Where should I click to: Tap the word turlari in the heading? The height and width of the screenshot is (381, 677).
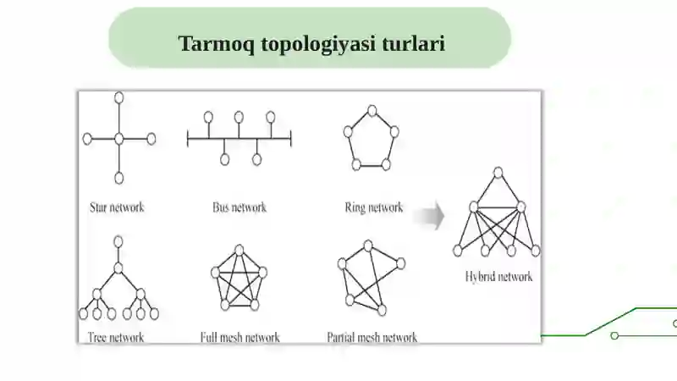(x=413, y=43)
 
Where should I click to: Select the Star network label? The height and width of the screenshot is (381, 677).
(x=117, y=207)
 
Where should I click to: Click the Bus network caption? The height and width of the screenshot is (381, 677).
(x=239, y=207)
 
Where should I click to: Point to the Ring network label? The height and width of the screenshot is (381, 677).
(x=374, y=207)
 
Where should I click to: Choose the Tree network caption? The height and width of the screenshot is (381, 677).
(x=116, y=337)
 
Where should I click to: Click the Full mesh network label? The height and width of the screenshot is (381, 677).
(x=240, y=337)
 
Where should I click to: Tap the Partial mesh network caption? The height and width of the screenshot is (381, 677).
(x=372, y=337)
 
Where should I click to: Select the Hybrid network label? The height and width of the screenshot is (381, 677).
(x=498, y=277)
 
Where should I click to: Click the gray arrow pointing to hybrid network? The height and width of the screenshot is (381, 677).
(x=429, y=216)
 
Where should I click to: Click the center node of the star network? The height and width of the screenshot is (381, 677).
(x=119, y=139)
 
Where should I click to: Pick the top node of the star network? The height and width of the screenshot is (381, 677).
(x=119, y=97)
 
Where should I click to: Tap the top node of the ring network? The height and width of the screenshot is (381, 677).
(x=372, y=111)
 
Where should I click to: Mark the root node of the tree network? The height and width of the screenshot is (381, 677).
(x=118, y=241)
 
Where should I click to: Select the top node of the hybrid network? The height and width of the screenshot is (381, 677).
(x=498, y=173)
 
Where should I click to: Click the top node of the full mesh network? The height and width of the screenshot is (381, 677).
(x=239, y=250)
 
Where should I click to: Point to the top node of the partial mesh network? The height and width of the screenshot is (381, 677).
(x=368, y=246)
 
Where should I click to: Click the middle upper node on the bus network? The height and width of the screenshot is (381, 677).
(x=239, y=117)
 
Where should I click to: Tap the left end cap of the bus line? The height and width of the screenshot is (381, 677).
(x=187, y=139)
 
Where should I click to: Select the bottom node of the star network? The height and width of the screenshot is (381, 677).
(x=119, y=178)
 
